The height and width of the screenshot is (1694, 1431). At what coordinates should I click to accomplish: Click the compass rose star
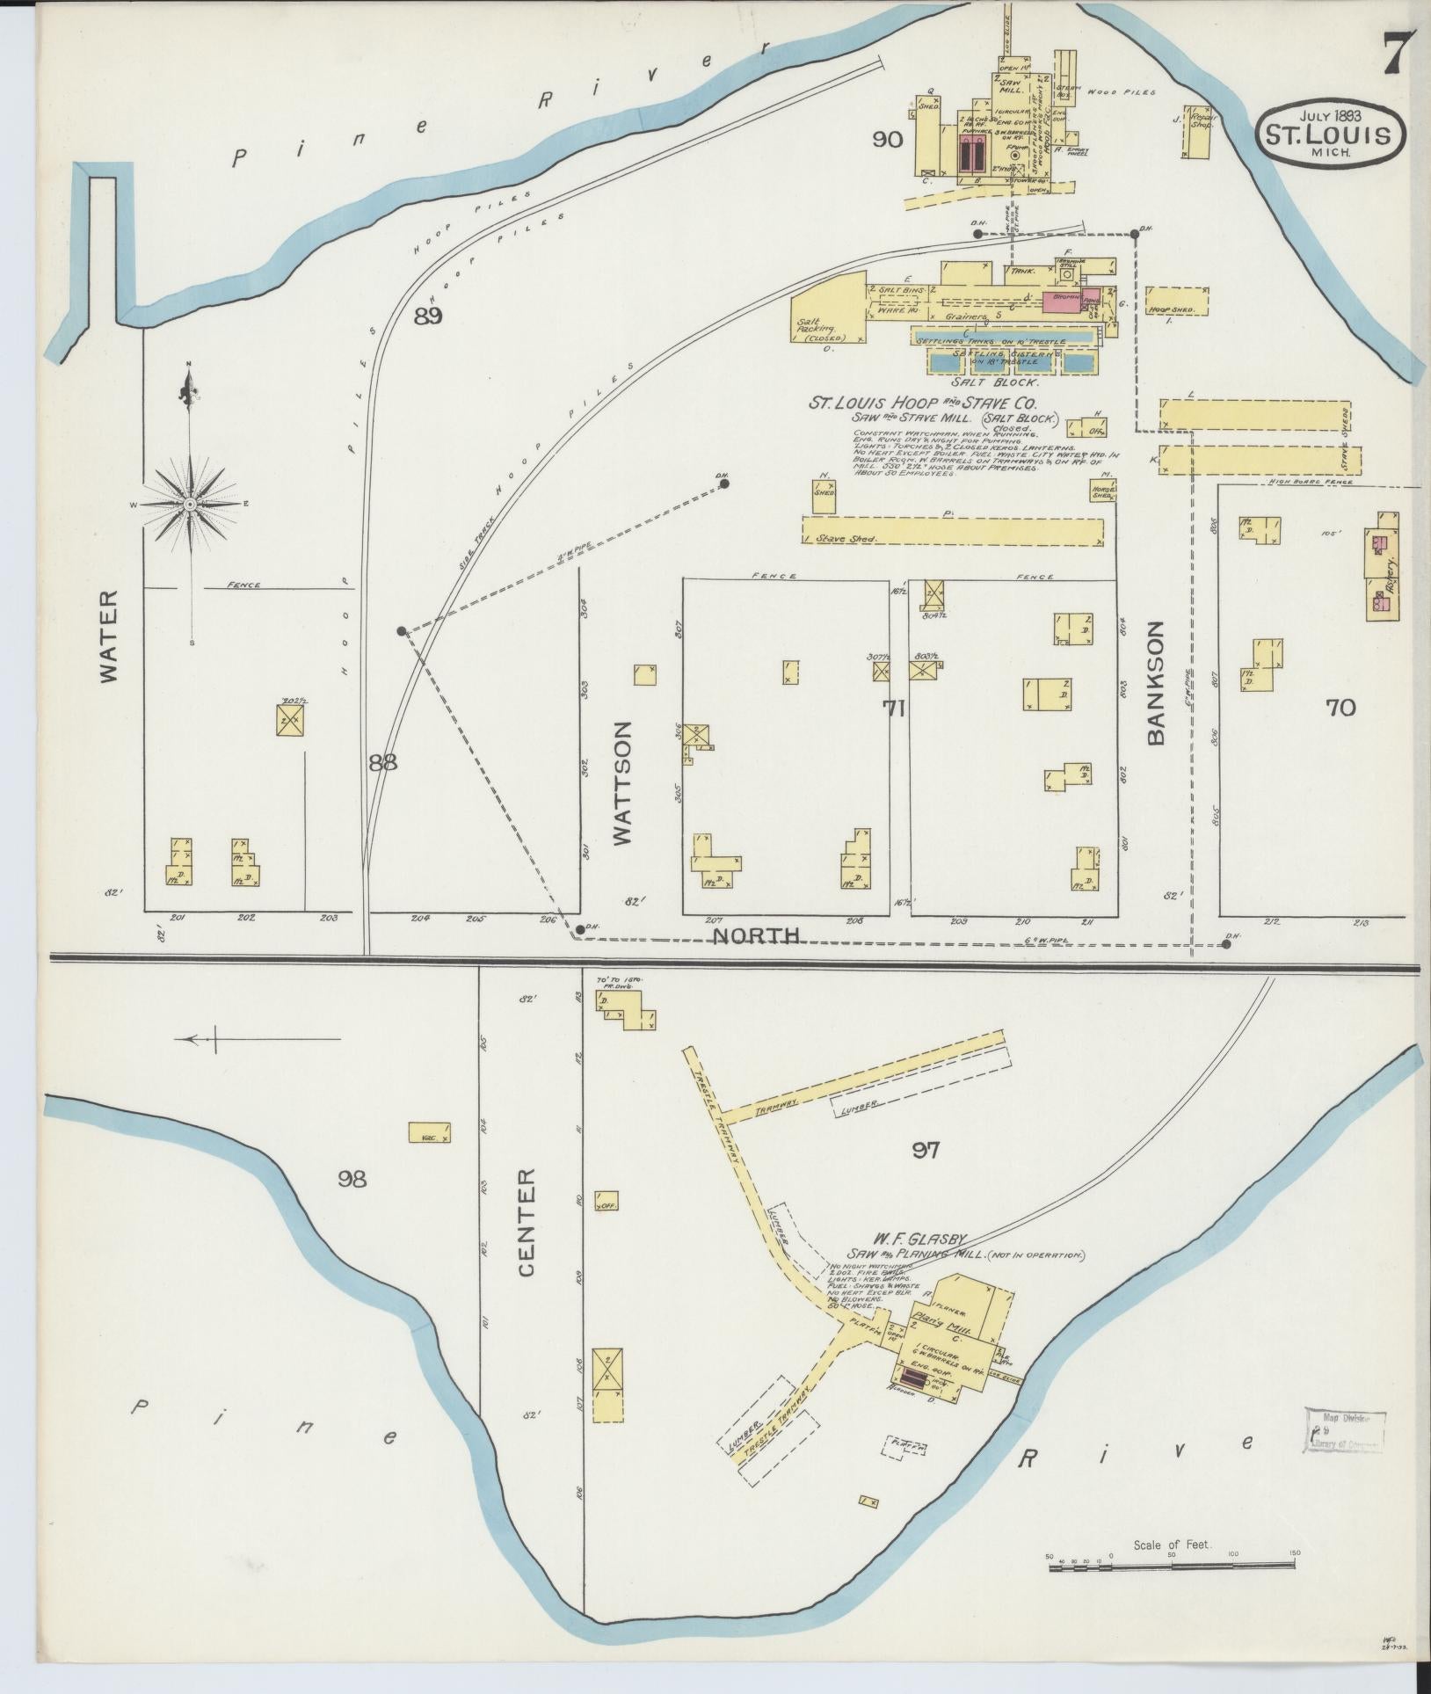pos(190,504)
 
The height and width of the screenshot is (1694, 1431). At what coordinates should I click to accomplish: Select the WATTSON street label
pos(623,783)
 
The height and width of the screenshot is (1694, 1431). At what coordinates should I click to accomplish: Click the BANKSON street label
pos(1155,682)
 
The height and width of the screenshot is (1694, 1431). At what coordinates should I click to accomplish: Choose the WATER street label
pos(107,636)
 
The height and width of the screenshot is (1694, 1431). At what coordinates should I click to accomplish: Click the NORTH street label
pos(756,936)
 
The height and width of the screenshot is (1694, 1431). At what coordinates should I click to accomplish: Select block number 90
pos(887,139)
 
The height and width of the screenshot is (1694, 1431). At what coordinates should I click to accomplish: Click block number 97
pos(926,1149)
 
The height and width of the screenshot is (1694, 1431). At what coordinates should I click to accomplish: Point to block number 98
pos(352,1178)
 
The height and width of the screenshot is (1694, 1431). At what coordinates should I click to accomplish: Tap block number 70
pos(1340,707)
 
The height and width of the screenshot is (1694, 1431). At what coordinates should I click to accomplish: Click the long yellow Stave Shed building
pos(953,531)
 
